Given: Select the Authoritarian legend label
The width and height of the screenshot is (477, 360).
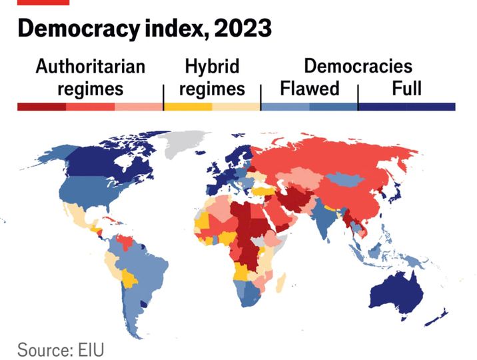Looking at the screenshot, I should point(90,67).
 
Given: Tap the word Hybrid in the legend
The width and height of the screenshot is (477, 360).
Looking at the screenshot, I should point(212,67).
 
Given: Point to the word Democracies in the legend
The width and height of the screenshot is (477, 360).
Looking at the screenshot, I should point(358,67).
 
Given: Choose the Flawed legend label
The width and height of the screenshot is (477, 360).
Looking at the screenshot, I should point(310,88).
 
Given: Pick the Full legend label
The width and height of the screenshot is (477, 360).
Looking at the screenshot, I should point(406,88).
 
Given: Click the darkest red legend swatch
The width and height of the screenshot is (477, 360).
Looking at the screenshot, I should point(41,107).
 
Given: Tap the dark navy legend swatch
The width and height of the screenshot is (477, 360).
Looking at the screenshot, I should point(406,107).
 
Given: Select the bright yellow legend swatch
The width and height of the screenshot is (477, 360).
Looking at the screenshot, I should point(188,107).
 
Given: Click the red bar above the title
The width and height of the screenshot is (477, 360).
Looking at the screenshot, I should point(43,2).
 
